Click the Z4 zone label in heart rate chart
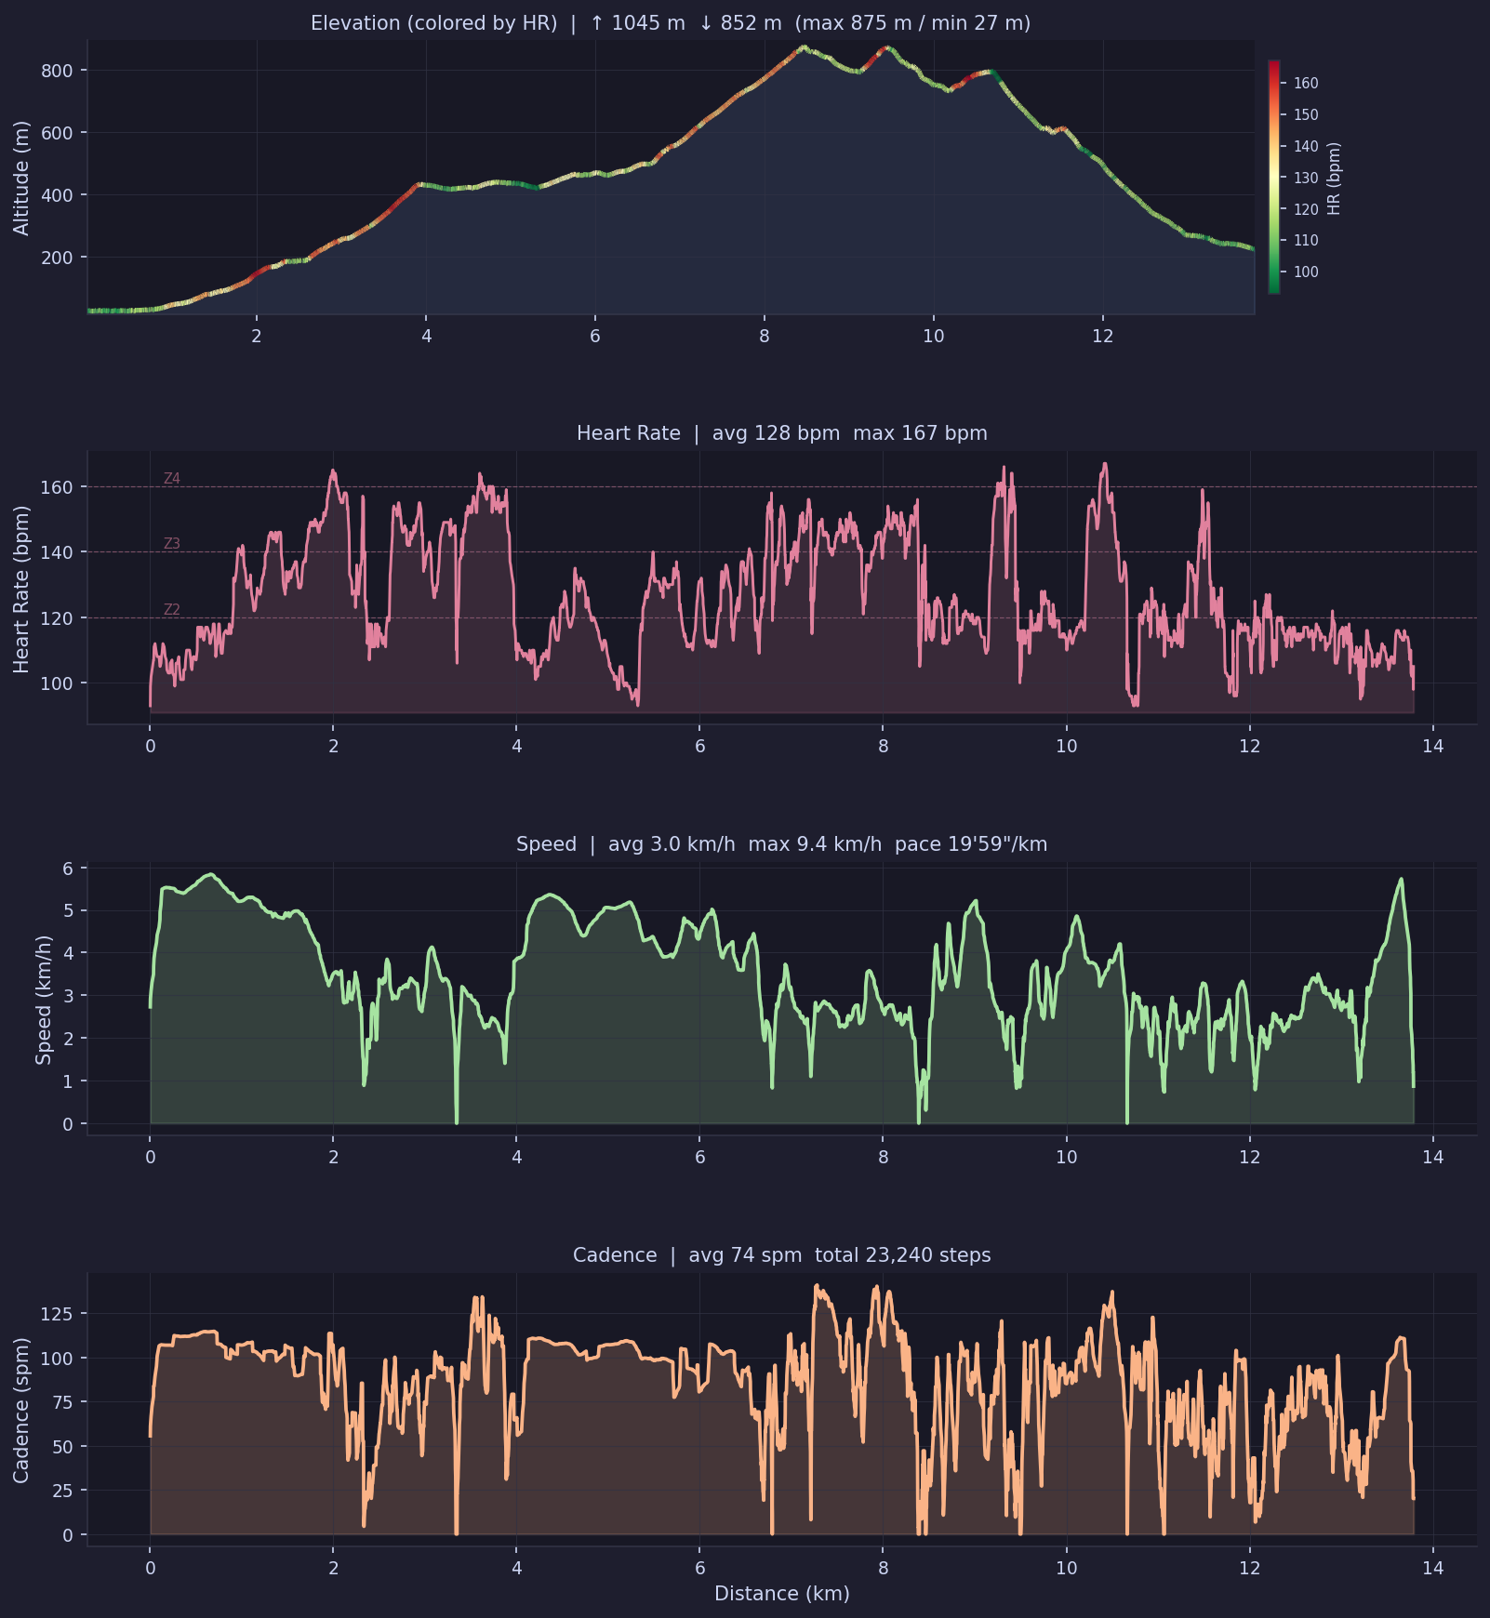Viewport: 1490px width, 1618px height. coord(172,479)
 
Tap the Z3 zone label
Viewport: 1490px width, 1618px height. coord(172,544)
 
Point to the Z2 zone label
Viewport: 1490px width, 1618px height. coord(172,610)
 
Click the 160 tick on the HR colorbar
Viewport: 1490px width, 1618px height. coord(1306,84)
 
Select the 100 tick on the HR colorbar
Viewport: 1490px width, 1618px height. coord(1306,272)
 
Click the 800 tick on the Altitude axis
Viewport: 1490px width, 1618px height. coord(57,71)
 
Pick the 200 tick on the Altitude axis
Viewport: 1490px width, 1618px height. coord(57,258)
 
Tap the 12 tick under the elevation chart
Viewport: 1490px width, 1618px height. coord(1102,337)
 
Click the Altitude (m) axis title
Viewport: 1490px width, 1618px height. coord(21,178)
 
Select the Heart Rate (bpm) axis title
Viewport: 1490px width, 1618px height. coord(21,589)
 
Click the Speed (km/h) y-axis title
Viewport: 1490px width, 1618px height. coord(43,1000)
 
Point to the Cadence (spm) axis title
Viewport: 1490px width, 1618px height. coord(21,1411)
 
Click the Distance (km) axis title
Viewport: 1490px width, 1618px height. coord(781,1594)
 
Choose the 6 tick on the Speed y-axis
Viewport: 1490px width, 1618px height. coord(68,868)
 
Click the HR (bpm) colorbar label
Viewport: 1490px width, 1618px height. coord(1335,178)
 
